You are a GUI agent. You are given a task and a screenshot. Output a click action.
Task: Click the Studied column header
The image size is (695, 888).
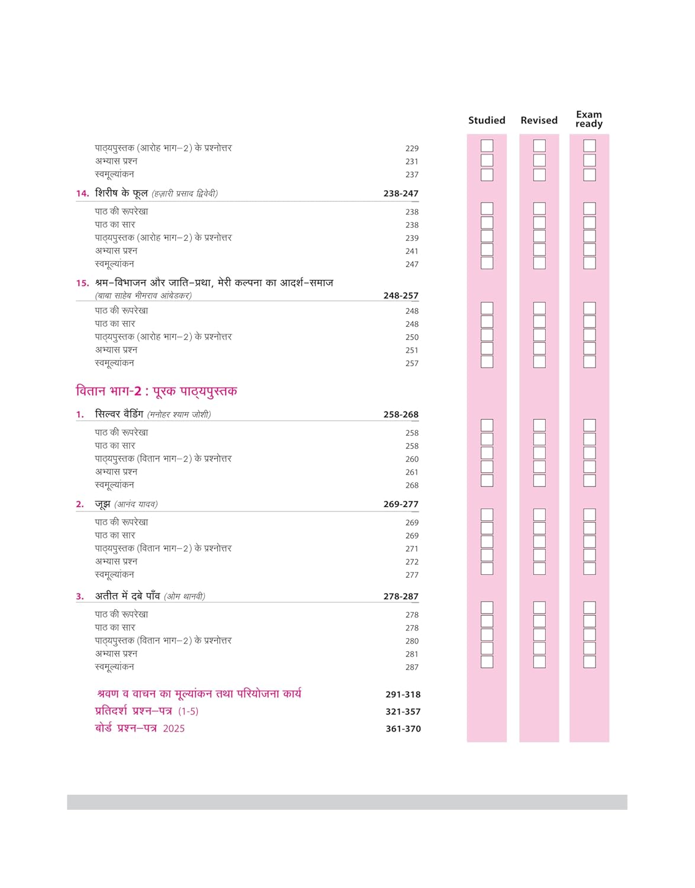487,120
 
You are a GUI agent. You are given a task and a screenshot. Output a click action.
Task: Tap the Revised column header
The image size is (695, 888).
539,120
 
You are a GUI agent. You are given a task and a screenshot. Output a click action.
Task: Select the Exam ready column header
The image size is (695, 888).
589,119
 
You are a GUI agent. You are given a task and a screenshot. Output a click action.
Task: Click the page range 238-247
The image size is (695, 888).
401,194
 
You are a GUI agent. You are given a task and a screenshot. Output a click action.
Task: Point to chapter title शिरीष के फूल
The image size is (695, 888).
121,193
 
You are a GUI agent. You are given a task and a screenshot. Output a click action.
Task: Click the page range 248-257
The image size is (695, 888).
401,295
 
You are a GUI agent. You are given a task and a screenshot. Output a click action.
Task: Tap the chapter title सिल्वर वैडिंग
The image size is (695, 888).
119,414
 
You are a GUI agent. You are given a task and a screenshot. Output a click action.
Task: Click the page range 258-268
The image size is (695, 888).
401,414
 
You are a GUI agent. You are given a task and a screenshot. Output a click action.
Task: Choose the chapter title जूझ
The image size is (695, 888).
102,504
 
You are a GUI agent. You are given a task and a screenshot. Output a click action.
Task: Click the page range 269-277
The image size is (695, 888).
401,504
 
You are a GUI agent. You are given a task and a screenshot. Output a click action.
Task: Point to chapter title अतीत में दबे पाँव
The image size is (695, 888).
127,596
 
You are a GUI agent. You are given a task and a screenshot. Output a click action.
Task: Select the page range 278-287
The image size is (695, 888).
401,597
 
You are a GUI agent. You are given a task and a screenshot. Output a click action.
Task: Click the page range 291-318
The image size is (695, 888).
403,694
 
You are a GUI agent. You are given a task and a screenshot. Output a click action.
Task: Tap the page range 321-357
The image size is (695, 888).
403,712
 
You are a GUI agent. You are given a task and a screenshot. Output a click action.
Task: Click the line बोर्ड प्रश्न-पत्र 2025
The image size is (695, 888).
140,728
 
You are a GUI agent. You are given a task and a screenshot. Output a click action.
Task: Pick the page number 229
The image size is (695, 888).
412,149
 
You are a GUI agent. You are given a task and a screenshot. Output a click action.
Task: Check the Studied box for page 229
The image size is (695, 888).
487,146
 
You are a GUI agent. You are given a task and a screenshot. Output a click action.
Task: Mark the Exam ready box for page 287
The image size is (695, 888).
589,662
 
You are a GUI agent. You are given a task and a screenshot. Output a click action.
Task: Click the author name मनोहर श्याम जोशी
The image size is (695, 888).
179,415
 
